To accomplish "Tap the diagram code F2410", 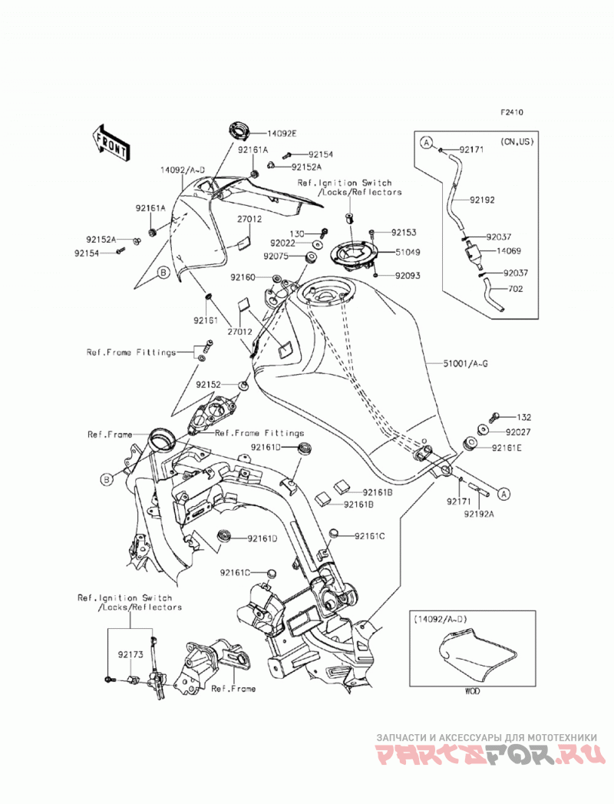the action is (x=512, y=112).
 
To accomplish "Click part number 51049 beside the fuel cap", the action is (x=408, y=253).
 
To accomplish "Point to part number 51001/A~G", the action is (x=465, y=363).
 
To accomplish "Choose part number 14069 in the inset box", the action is (x=508, y=251).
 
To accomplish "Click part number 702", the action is (x=515, y=289).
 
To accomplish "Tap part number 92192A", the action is (x=479, y=513).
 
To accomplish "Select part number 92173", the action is (x=130, y=655).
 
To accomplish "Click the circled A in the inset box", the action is (x=427, y=143).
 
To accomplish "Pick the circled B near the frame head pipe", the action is (x=106, y=479).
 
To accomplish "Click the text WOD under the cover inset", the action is (x=472, y=691).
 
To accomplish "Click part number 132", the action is (x=523, y=418).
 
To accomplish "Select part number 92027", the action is (x=518, y=432).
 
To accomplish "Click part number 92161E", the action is (x=507, y=448).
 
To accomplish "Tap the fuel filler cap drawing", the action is (x=354, y=253).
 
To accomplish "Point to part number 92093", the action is (x=408, y=276).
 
